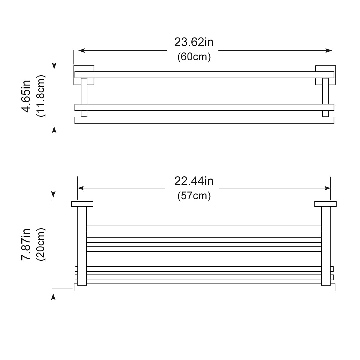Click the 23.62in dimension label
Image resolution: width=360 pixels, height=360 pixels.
point(194,42)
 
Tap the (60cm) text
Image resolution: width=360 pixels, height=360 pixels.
point(194,57)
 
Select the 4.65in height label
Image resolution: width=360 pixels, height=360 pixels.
point(26,96)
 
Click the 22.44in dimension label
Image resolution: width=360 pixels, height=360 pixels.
point(194,181)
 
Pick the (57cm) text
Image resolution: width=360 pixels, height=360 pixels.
point(194,196)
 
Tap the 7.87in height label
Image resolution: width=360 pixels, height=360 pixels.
point(26,244)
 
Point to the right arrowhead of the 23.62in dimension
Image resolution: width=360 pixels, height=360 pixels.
point(329,51)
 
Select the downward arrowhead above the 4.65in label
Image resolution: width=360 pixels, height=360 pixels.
point(54,66)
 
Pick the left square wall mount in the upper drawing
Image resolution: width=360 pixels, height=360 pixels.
point(84,69)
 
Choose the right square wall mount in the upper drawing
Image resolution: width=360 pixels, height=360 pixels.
point(325,69)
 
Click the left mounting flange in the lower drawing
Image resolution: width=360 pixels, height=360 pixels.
point(82,204)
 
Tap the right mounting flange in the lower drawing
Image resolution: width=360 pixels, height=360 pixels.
point(325,204)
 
